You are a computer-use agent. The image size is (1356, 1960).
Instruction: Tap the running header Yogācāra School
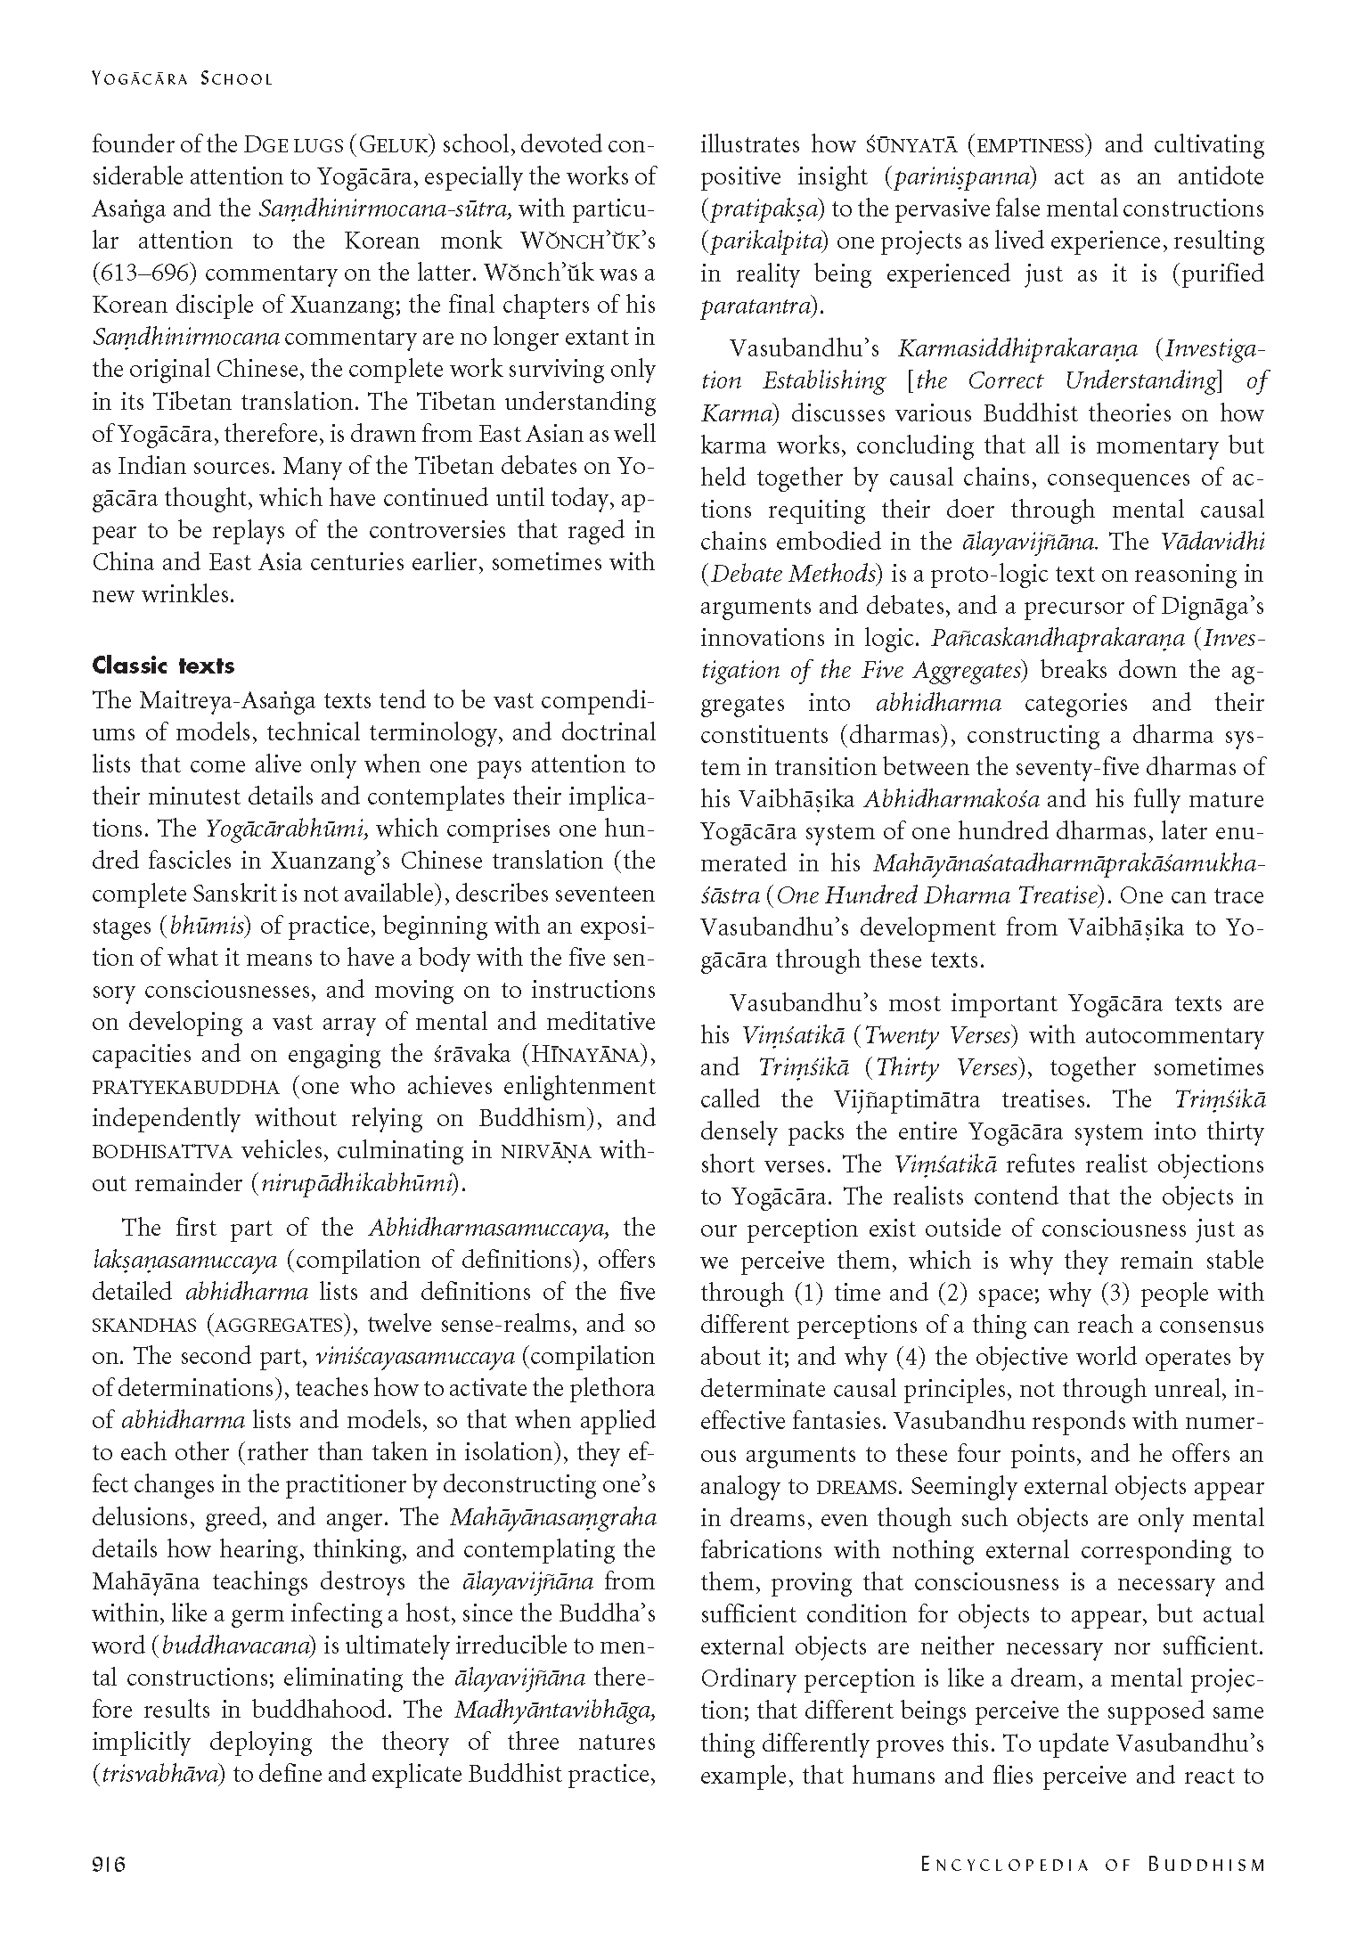point(182,78)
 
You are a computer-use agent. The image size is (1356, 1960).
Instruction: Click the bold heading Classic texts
point(163,666)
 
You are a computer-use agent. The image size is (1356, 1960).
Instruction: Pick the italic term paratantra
point(757,306)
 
